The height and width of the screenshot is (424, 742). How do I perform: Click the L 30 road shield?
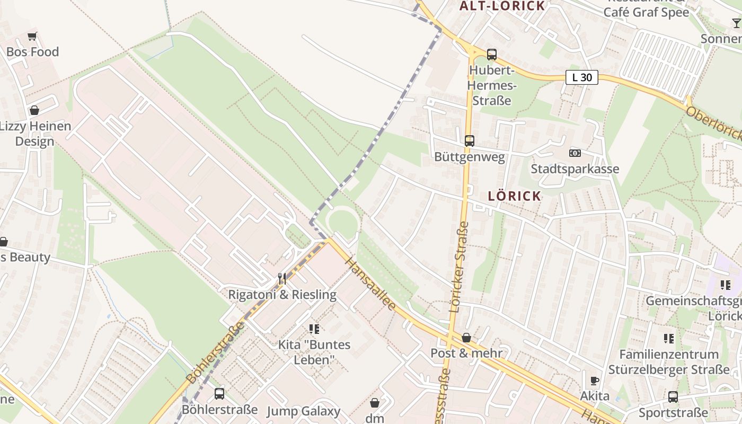click(x=582, y=77)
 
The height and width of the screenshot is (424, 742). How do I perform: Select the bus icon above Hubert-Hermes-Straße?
click(x=491, y=54)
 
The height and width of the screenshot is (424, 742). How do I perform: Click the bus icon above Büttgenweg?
click(x=469, y=141)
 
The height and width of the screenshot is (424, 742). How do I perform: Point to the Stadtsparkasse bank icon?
click(x=575, y=153)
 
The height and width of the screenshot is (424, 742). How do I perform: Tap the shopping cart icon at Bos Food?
click(x=32, y=37)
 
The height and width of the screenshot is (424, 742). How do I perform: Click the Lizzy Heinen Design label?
click(x=35, y=134)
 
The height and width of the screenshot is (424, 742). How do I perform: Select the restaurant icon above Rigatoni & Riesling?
click(x=282, y=278)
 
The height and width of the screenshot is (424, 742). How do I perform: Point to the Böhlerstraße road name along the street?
click(x=216, y=352)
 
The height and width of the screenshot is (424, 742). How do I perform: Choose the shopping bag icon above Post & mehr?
click(x=466, y=338)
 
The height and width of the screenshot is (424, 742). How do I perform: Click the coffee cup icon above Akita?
click(x=595, y=381)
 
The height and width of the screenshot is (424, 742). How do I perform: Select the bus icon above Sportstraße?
click(x=673, y=396)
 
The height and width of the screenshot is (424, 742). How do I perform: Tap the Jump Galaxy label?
click(x=303, y=411)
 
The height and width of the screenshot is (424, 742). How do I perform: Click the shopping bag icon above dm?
click(x=375, y=403)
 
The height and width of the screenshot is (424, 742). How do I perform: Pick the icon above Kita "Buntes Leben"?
click(x=314, y=329)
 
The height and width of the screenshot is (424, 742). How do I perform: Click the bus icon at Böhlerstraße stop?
click(x=219, y=394)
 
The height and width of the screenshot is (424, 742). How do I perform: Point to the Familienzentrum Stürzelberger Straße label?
click(x=669, y=361)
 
